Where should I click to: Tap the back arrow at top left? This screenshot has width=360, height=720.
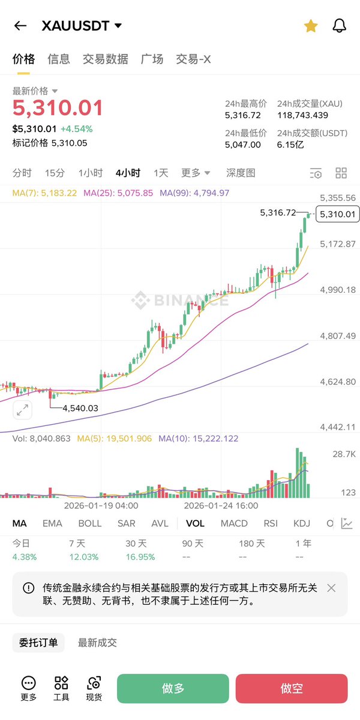(x=20, y=26)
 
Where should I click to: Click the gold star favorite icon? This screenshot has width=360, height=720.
(x=311, y=26)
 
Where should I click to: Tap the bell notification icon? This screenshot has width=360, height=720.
(x=340, y=26)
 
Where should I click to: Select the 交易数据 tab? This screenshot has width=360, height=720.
(x=105, y=59)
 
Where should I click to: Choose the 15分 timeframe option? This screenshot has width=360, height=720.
(x=55, y=173)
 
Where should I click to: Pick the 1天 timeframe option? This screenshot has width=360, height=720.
(x=161, y=173)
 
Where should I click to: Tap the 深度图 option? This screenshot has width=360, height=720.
(x=241, y=173)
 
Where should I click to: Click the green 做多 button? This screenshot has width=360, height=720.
(x=173, y=688)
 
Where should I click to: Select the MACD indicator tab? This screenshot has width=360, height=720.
(x=234, y=523)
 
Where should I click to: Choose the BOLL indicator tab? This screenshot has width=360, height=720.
(x=90, y=523)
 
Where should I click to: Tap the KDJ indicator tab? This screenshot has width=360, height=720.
(x=302, y=523)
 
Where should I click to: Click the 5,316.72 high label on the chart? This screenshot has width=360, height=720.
(x=278, y=212)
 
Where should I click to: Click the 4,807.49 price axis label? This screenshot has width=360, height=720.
(x=338, y=336)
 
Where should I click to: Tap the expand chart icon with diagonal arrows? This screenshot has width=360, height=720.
(x=22, y=410)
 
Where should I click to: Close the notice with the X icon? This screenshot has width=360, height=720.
(x=331, y=588)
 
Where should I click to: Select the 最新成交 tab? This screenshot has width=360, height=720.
(x=97, y=643)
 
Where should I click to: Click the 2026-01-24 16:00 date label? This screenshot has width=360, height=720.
(x=221, y=506)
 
